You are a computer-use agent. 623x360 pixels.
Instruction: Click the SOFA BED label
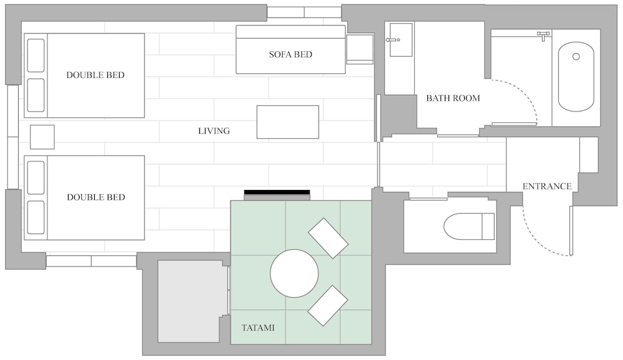coord(290,54)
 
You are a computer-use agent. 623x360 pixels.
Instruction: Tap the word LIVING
coord(214,131)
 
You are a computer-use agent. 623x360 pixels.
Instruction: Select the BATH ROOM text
coord(453,98)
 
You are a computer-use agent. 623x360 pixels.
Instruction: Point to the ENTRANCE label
coord(547,186)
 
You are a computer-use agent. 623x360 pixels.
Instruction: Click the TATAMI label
coord(258,328)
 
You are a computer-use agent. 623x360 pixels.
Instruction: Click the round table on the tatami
coord(295,273)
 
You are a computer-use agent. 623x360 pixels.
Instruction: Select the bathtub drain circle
coord(576,57)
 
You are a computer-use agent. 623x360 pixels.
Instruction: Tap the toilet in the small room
coord(469,227)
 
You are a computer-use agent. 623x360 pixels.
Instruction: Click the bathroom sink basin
coord(401,39)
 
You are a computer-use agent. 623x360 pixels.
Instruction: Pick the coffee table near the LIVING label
coord(288,122)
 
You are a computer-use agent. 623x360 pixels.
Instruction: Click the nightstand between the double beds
coord(42,137)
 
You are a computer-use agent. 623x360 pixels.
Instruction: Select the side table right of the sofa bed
coord(360,49)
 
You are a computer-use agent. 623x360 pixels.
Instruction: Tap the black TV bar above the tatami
coord(277,192)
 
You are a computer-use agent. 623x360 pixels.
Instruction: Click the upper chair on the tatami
coord(328,238)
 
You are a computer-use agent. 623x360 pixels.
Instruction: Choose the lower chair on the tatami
coord(328,306)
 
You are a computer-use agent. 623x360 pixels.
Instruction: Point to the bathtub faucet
coord(543,36)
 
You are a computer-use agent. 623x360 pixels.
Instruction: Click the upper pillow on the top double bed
coord(36,55)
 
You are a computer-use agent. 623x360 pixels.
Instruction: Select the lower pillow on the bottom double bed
coord(36,217)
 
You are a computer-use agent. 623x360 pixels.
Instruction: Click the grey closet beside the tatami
coord(190,301)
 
